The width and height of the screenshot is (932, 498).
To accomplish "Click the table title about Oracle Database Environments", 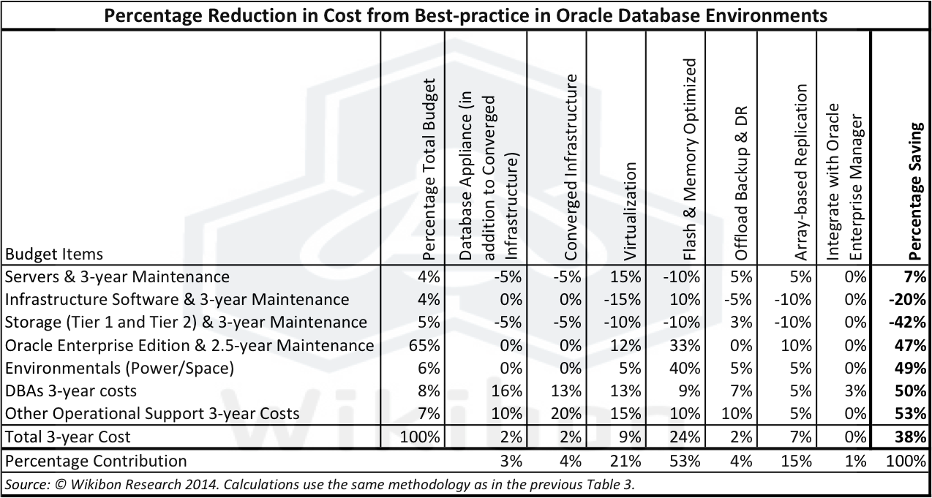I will [x=466, y=15].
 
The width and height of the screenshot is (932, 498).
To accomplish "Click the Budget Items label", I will [x=54, y=254].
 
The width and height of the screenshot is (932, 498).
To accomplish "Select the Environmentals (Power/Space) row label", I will [x=119, y=368].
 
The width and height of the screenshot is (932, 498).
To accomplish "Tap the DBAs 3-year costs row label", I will [x=71, y=391].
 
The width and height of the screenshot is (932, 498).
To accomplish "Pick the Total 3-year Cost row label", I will [x=68, y=437].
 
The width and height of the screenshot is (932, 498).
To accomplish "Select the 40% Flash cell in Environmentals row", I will [x=686, y=368].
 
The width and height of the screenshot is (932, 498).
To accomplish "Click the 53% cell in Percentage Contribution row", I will [x=686, y=461].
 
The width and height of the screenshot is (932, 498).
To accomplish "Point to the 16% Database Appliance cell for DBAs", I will [x=508, y=391].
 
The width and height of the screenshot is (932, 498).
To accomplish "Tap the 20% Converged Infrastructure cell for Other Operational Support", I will [x=568, y=413].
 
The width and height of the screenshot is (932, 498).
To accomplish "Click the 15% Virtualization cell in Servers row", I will [x=627, y=277].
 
